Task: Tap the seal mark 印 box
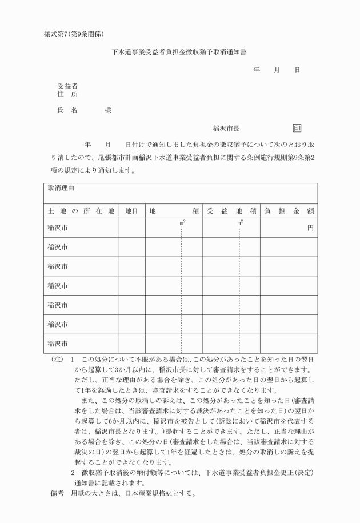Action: [297, 129]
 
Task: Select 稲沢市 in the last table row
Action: [58, 344]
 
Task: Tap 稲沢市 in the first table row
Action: [58, 227]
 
